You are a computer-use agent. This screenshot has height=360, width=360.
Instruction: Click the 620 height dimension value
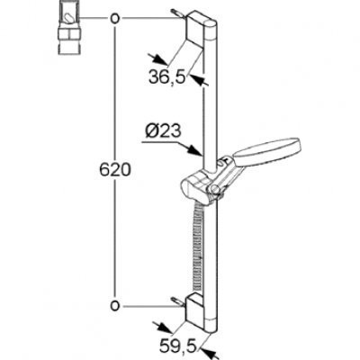[x=115, y=170]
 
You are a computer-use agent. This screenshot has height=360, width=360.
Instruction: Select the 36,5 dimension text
[x=167, y=77]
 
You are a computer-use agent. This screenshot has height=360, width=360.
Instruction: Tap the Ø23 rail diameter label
[x=164, y=131]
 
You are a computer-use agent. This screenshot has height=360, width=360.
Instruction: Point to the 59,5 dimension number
[x=178, y=346]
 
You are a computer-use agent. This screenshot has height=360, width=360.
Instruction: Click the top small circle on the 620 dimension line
[x=115, y=19]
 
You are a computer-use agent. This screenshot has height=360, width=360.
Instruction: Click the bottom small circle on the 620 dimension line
[x=115, y=306]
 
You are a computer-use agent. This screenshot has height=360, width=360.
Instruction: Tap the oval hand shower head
[x=267, y=149]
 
